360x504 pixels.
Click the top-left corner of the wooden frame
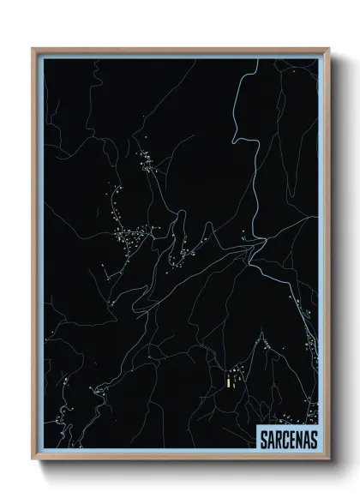pyautogui.click(x=33, y=49)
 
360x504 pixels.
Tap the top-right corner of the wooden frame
pyautogui.click(x=327, y=49)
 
